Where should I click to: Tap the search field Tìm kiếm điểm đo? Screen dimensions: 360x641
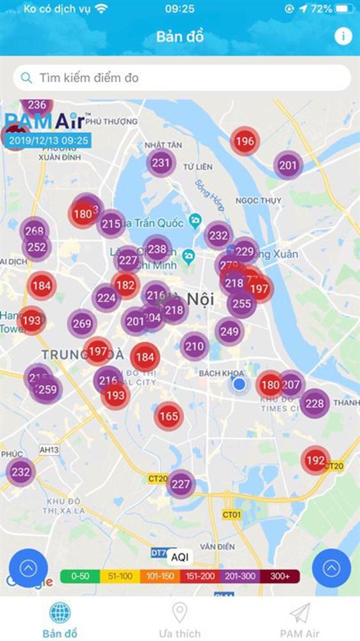pyautogui.click(x=182, y=78)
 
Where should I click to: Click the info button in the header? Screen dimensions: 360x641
pyautogui.click(x=343, y=36)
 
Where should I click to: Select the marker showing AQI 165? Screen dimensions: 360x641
pyautogui.click(x=168, y=417)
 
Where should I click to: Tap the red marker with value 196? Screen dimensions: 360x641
pyautogui.click(x=245, y=142)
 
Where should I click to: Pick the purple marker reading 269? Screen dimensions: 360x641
pyautogui.click(x=82, y=324)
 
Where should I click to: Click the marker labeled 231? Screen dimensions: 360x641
pyautogui.click(x=161, y=163)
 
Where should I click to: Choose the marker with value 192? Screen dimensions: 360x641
pyautogui.click(x=315, y=460)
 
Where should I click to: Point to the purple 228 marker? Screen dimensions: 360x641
pyautogui.click(x=315, y=403)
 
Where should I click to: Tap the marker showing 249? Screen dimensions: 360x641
pyautogui.click(x=229, y=331)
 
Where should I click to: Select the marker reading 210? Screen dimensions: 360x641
pyautogui.click(x=194, y=347)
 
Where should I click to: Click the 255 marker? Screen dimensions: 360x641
pyautogui.click(x=241, y=303)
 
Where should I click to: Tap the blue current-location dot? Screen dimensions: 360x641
pyautogui.click(x=240, y=384)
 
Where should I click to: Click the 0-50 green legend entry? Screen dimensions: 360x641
pyautogui.click(x=79, y=576)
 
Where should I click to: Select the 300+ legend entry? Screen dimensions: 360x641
pyautogui.click(x=280, y=576)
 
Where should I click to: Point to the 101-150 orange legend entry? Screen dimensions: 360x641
pyautogui.click(x=160, y=576)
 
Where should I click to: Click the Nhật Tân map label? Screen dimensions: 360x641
pyautogui.click(x=160, y=145)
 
